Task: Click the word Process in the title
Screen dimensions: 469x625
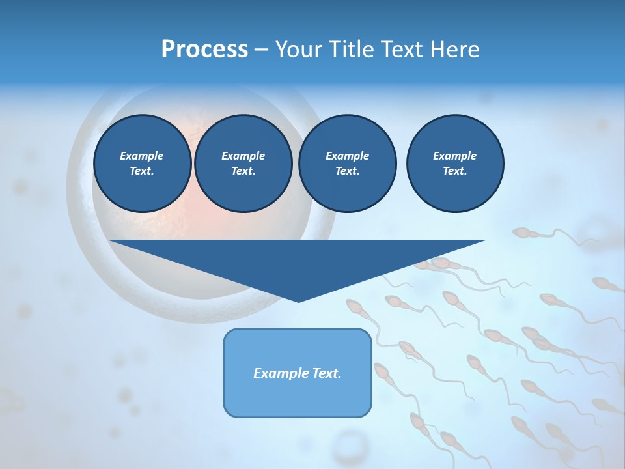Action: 204,50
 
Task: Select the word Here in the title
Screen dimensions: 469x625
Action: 454,50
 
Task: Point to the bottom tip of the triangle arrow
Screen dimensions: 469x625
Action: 298,301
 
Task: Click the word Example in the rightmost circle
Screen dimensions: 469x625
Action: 454,156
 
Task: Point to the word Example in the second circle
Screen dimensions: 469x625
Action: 243,156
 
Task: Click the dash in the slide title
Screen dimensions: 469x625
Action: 261,50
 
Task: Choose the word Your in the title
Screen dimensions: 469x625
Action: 298,50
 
